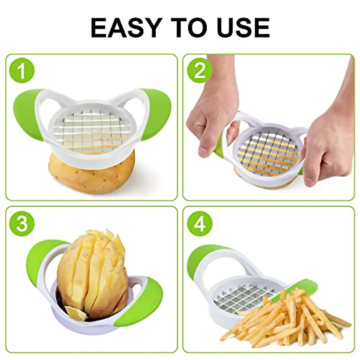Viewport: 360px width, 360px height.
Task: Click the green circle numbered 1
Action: tap(22, 71)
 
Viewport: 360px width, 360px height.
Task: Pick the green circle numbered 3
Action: tap(22, 223)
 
